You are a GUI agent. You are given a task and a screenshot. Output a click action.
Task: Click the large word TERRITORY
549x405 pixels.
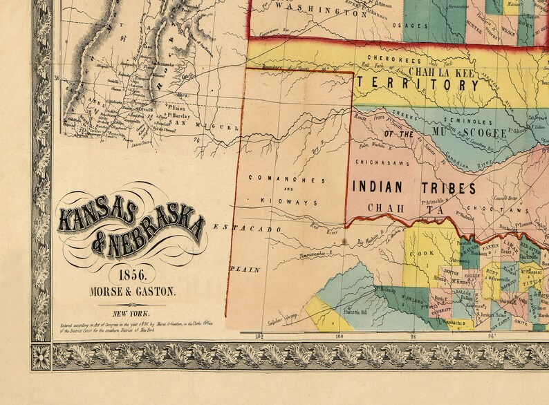click(x=418, y=84)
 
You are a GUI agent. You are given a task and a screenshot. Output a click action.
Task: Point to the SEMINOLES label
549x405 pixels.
click(x=459, y=122)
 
